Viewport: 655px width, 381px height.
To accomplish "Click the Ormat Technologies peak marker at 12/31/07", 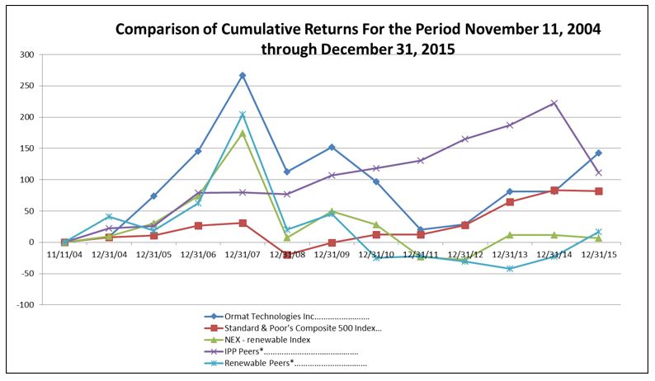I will [243, 75].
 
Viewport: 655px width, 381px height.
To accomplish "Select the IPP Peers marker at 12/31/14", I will [554, 103].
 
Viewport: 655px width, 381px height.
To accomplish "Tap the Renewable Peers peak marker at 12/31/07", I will [243, 115].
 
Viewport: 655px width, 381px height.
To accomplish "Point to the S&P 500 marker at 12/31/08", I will [287, 256].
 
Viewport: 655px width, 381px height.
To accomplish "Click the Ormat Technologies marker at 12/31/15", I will [597, 153].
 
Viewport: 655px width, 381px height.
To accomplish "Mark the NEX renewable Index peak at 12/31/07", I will [243, 133].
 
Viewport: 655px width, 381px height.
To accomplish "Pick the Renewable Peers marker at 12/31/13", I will [509, 268].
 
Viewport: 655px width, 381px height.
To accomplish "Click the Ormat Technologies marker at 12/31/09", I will [332, 147].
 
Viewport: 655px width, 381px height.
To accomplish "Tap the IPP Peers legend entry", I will [280, 351].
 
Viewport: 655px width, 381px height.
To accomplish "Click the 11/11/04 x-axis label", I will [64, 254].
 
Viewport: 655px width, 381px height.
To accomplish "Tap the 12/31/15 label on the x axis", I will [597, 254].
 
